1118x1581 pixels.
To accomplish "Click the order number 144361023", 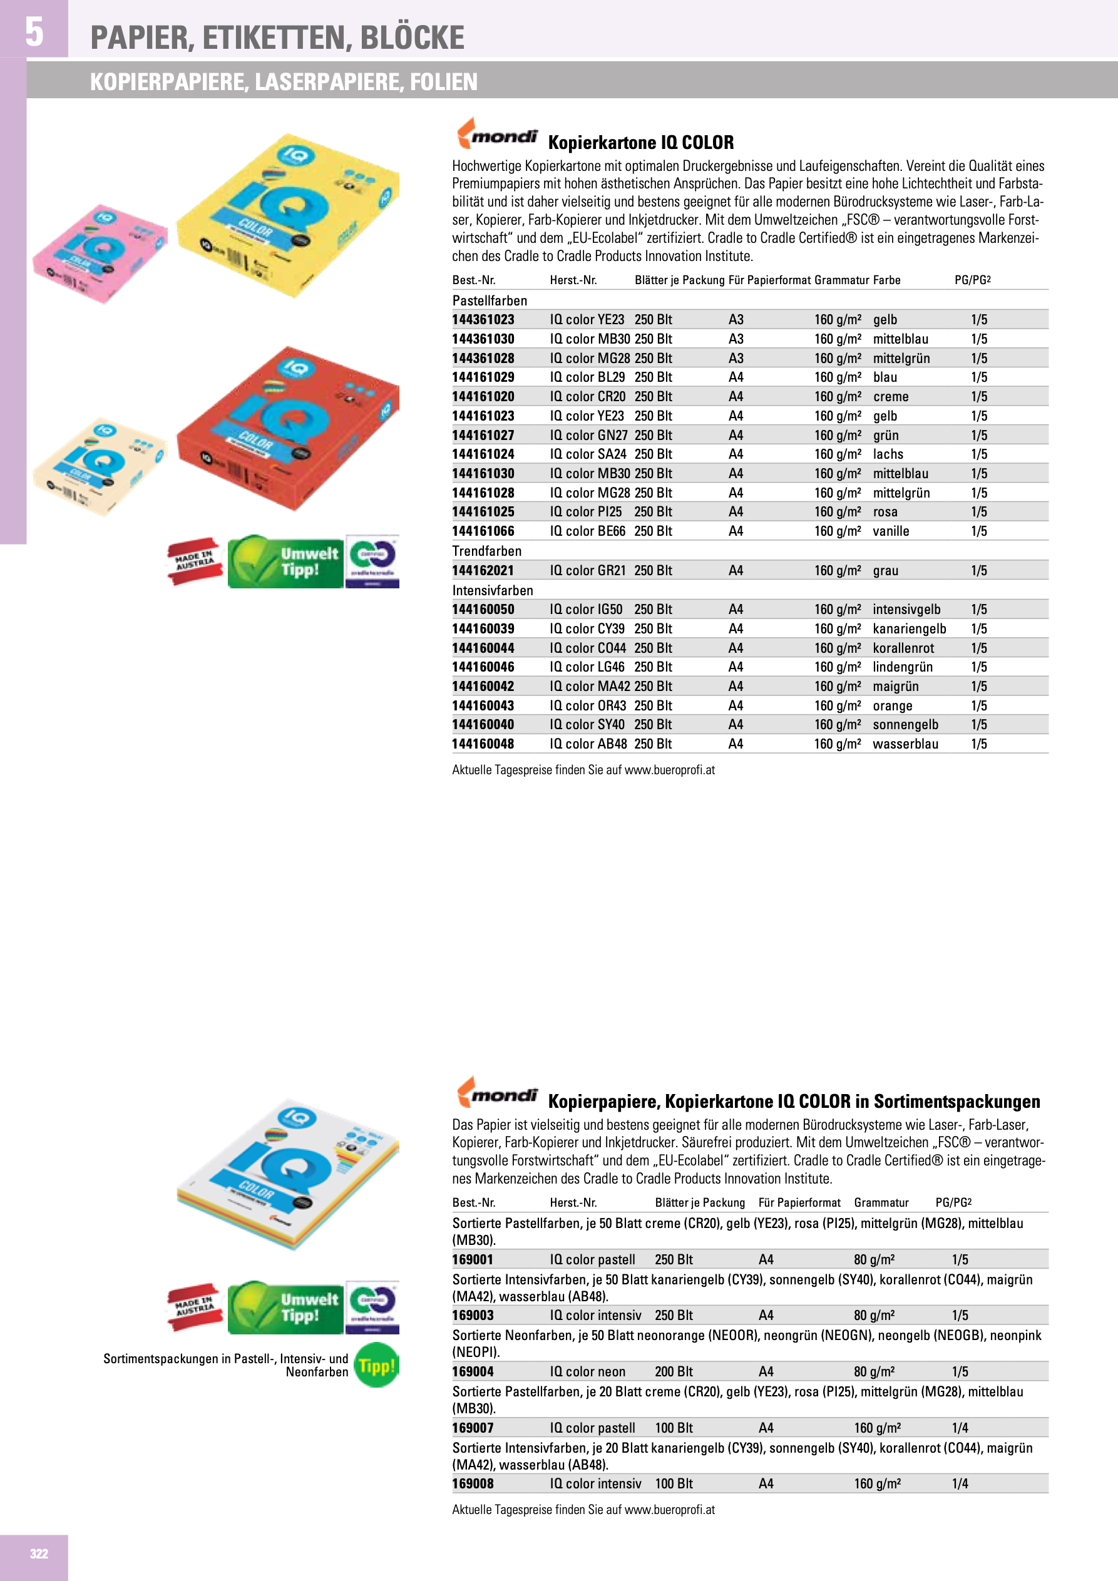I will pos(483,319).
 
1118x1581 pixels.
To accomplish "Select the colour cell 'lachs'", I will pos(888,454).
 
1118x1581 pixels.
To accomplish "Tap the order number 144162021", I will pos(483,571).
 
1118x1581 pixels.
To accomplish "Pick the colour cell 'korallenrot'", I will pos(903,648).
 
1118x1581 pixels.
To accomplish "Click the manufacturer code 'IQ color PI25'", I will pos(585,511).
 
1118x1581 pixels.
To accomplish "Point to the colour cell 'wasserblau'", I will pos(905,744).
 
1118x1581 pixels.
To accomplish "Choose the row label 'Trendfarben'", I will pos(486,551).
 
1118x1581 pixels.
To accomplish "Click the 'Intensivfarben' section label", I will pos(493,590).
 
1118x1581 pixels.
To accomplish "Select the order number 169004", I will pos(473,1372).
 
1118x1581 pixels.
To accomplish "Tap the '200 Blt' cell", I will pos(674,1372).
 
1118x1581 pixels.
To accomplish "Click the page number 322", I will pos(39,1553).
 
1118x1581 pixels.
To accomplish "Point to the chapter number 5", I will pos(34,32).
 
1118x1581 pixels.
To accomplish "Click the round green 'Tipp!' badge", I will pos(377,1365).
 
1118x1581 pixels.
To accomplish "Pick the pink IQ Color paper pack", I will pos(100,253).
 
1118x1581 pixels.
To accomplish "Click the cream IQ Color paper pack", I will pos(100,466).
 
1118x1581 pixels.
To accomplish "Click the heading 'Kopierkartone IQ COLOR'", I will pos(640,143).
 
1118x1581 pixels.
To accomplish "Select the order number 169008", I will pos(473,1484).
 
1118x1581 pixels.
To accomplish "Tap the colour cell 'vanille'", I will pos(891,531).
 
